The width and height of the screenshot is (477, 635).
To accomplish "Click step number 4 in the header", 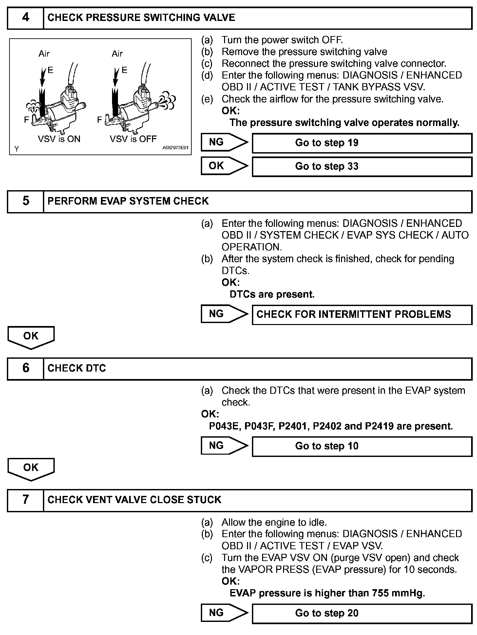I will [25, 18].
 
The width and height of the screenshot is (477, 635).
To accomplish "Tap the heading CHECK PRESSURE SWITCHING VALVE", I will [141, 18].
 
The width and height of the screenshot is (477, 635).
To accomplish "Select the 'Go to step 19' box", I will [362, 143].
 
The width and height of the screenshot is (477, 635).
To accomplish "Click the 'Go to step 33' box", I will [362, 167].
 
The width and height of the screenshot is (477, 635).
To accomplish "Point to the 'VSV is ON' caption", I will [59, 139].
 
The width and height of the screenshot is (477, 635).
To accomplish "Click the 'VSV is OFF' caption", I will [133, 139].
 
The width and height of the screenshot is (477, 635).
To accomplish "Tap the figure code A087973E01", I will [175, 148].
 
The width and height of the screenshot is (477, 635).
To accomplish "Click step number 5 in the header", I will [25, 201].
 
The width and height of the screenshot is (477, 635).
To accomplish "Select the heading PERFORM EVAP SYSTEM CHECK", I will [128, 201].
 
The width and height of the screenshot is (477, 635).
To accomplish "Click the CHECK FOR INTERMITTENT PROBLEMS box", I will [362, 315].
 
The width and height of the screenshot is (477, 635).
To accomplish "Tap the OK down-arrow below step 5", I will [31, 337].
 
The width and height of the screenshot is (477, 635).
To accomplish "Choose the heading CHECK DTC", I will [77, 369].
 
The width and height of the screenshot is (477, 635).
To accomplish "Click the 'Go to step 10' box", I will [362, 446].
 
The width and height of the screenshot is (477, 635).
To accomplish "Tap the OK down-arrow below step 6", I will [31, 469].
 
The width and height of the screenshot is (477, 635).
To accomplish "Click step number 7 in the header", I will [25, 500].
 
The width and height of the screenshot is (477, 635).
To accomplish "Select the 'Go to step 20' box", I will [362, 613].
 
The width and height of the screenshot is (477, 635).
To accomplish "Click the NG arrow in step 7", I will [224, 613].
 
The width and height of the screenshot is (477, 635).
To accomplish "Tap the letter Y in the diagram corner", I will [17, 149].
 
